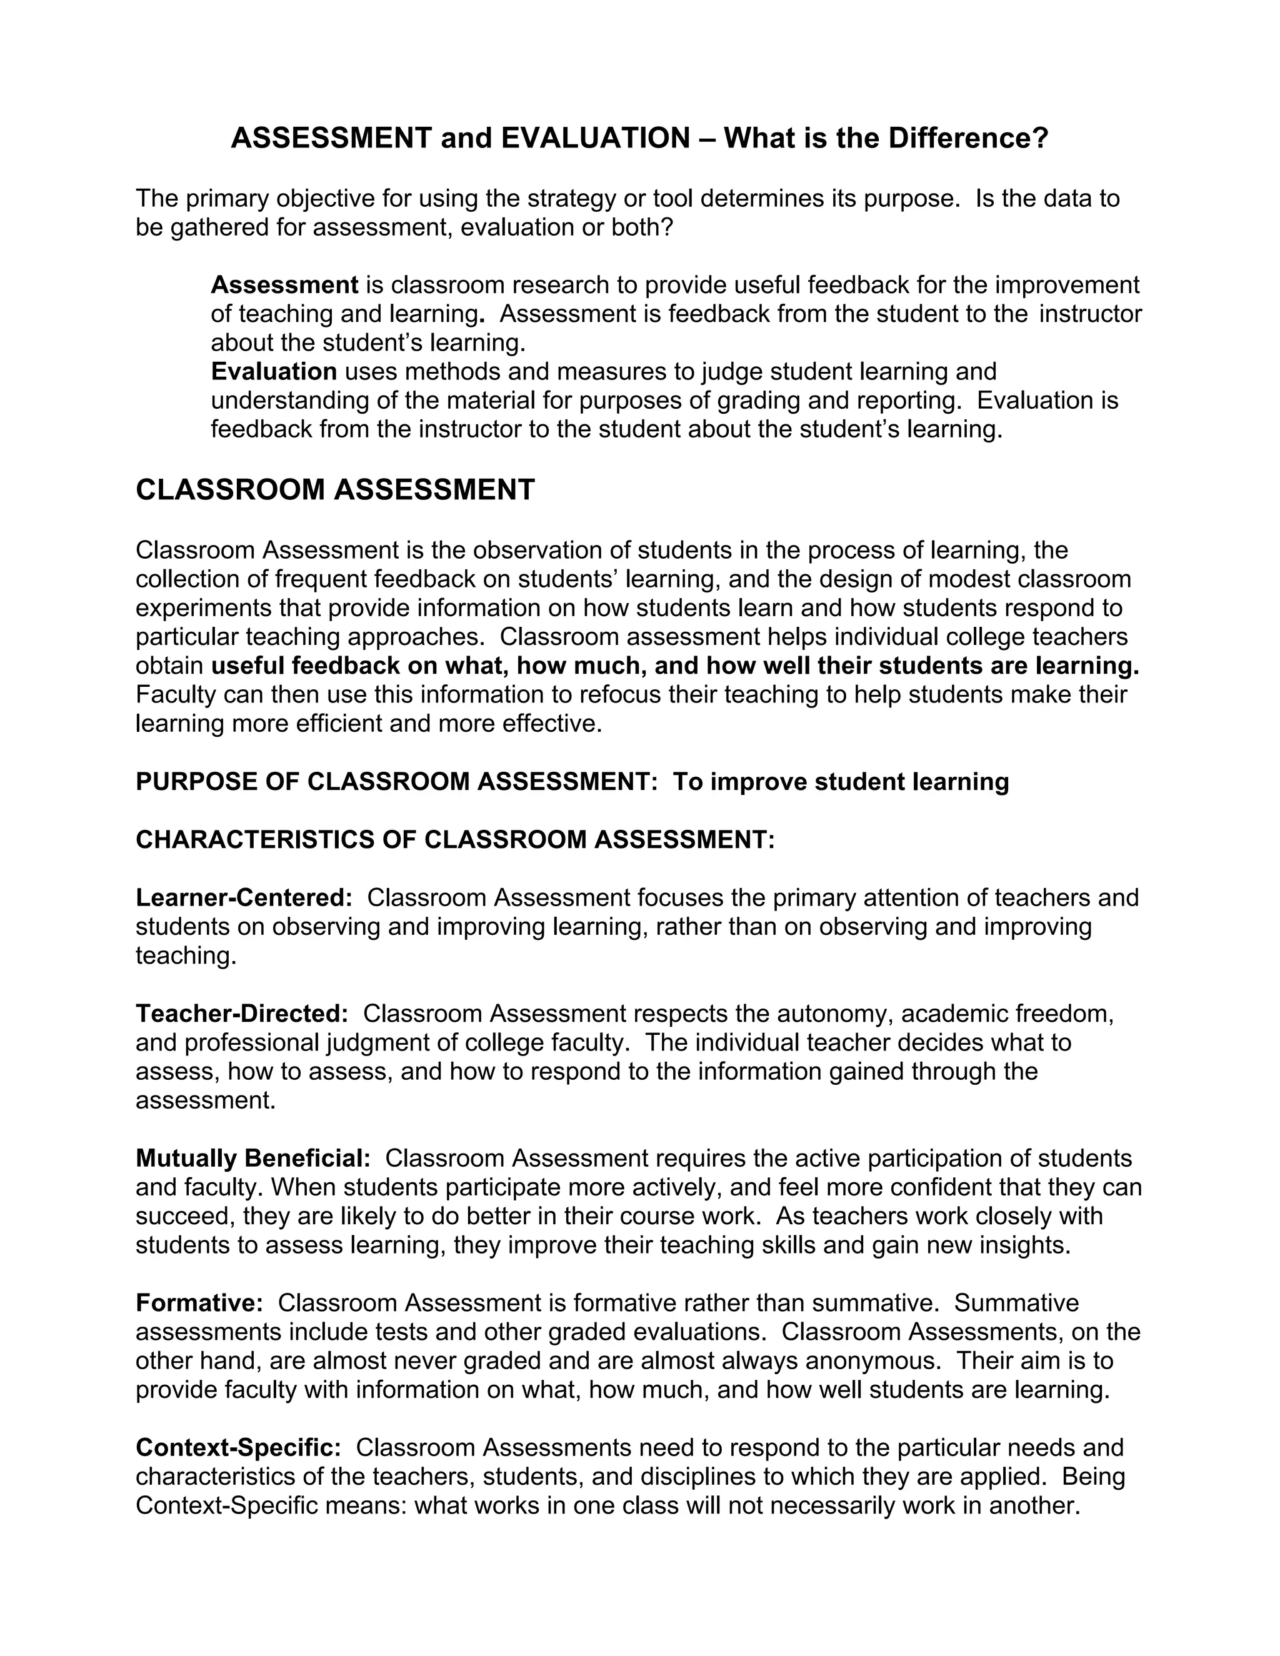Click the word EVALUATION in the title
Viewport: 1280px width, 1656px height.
[x=595, y=138]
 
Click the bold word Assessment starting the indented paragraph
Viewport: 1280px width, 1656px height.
[x=284, y=285]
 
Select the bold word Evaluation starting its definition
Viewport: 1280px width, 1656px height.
[x=274, y=372]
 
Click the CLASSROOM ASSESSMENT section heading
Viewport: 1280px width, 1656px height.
[x=335, y=490]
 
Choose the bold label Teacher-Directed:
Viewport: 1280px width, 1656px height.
[x=242, y=1013]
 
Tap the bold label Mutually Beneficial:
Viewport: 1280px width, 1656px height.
[x=253, y=1158]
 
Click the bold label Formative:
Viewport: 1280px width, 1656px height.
[x=199, y=1303]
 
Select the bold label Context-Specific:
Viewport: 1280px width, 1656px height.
[x=239, y=1447]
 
